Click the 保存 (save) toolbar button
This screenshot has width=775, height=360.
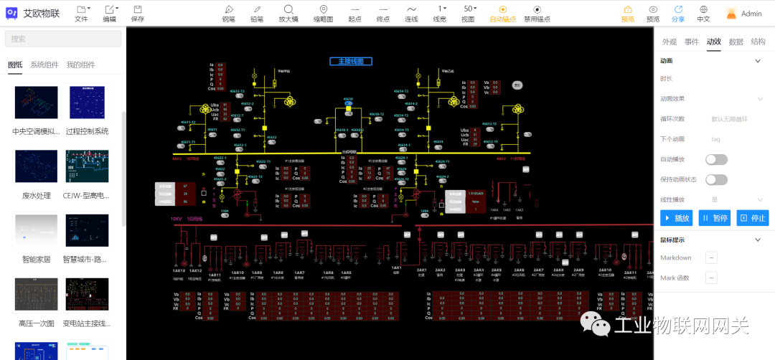point(138,13)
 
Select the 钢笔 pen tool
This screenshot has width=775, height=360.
point(228,13)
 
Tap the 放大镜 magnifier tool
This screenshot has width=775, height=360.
point(288,13)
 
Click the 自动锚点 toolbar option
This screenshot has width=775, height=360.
point(502,13)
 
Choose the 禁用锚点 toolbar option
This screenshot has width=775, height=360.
point(537,13)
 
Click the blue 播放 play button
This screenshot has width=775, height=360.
point(677,218)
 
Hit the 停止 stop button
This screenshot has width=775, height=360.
point(753,218)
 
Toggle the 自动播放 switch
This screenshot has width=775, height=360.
point(716,159)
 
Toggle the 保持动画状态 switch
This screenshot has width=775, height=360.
point(716,179)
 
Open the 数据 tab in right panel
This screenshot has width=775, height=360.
point(736,42)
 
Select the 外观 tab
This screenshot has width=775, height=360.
point(669,42)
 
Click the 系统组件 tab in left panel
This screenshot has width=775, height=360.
point(44,65)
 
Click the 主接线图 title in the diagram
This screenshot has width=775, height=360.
point(351,61)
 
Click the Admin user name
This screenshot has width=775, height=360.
point(751,14)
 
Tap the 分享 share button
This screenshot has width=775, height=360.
point(678,13)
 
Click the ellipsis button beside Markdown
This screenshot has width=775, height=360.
point(711,257)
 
